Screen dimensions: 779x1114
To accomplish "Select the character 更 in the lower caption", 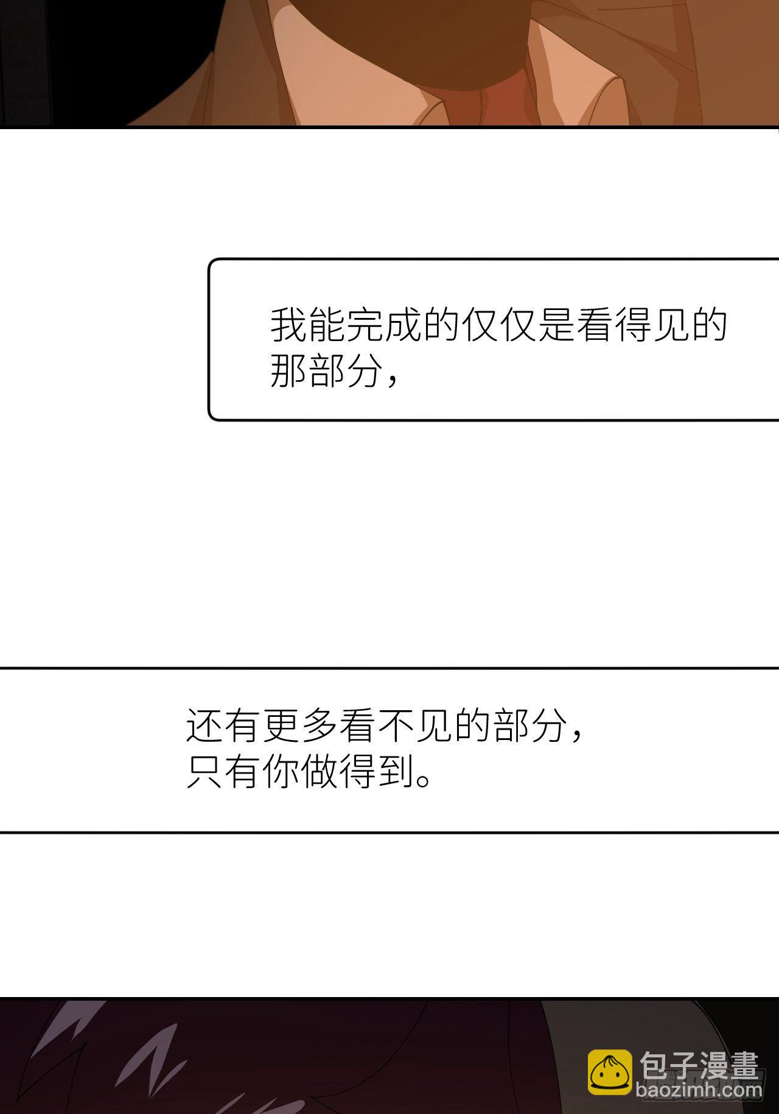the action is click(281, 725).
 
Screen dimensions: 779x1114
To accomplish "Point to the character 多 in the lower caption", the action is click(320, 725).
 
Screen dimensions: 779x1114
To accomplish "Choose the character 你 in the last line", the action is click(281, 771).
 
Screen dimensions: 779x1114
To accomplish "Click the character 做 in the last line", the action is click(320, 771).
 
